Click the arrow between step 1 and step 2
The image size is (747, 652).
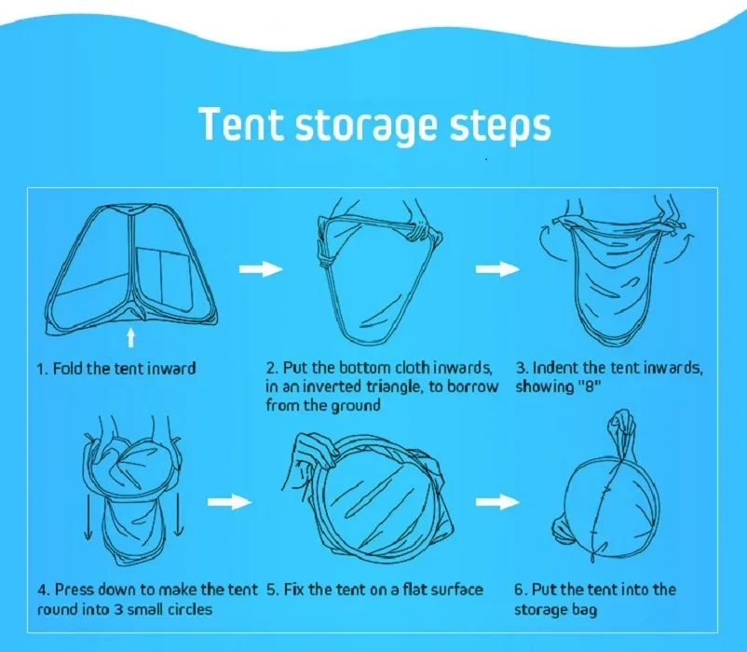pos(261,269)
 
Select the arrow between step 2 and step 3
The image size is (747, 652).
pos(497,269)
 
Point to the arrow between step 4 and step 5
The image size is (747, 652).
pos(230,501)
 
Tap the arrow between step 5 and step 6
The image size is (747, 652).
pos(497,501)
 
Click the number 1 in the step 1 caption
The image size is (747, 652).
pos(41,369)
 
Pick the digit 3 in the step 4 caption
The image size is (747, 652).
pos(117,609)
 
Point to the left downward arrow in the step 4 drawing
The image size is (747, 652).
pos(88,516)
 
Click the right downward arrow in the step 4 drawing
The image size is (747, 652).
pos(178,514)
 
